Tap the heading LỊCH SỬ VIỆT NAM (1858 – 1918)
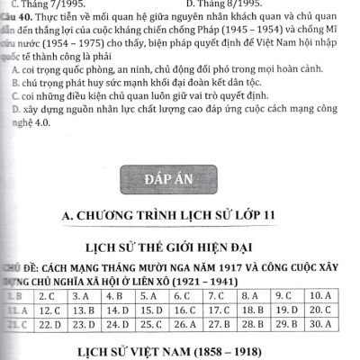tap(178, 349)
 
